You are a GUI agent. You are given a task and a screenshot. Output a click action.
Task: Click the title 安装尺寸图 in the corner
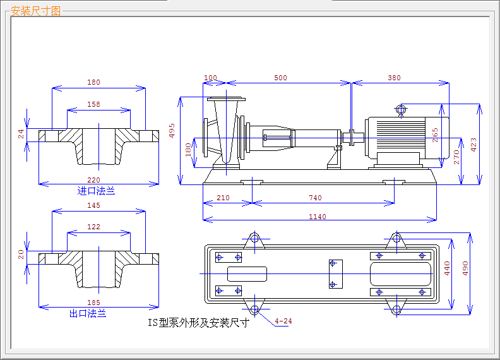pos(36,11)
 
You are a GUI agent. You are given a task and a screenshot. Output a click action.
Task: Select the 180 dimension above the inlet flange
pos(93,82)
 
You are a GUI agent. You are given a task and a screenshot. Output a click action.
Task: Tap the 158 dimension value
pos(93,104)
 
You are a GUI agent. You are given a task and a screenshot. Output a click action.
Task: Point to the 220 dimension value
pos(93,180)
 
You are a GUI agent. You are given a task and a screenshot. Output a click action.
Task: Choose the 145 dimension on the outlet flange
pos(93,205)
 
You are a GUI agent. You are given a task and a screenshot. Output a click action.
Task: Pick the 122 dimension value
pos(93,227)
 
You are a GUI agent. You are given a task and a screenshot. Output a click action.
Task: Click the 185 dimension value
pos(93,303)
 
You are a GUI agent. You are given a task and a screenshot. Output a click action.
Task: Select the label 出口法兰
pos(88,313)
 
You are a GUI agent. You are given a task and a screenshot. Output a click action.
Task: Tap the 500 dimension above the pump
pos(280,78)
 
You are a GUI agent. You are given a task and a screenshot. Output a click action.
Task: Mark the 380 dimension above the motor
pos(394,78)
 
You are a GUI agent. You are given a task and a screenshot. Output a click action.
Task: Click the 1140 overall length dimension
pos(317,217)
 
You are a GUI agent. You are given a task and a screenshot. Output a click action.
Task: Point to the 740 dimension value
pos(315,198)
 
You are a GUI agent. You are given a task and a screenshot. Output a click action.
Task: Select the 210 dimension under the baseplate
pos(223,198)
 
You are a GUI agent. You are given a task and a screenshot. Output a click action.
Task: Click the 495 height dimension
pos(172,130)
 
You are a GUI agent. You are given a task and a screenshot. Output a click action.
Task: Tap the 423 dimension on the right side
pos(473,146)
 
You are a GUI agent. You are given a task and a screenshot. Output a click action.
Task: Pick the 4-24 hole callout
pos(284,321)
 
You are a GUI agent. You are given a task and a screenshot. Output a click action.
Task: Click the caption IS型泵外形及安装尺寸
pos(199,323)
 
